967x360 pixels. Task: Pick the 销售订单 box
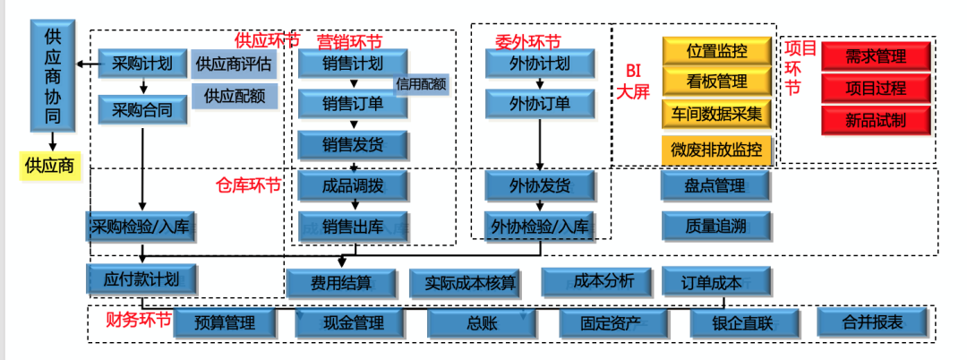353,103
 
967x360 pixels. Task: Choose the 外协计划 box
539,64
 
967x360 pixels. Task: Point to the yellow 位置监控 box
716,50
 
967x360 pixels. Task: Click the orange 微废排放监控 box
716,150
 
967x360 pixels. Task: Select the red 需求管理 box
876,56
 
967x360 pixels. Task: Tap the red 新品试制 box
876,120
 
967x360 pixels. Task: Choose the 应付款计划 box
142,279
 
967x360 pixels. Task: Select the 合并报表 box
872,321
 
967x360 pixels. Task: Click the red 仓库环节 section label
249,185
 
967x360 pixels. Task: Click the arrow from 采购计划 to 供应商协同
88,64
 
